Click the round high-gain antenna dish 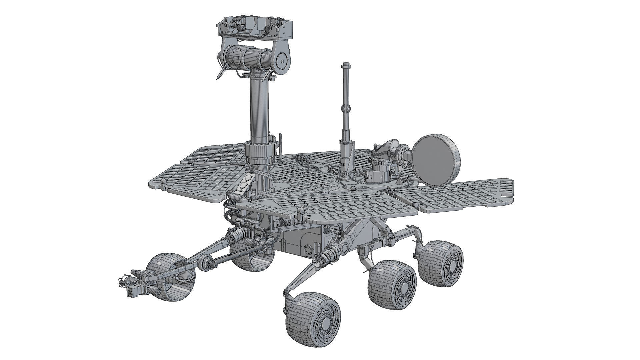click(436, 160)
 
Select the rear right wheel click(441, 263)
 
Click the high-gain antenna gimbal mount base click(380, 170)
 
